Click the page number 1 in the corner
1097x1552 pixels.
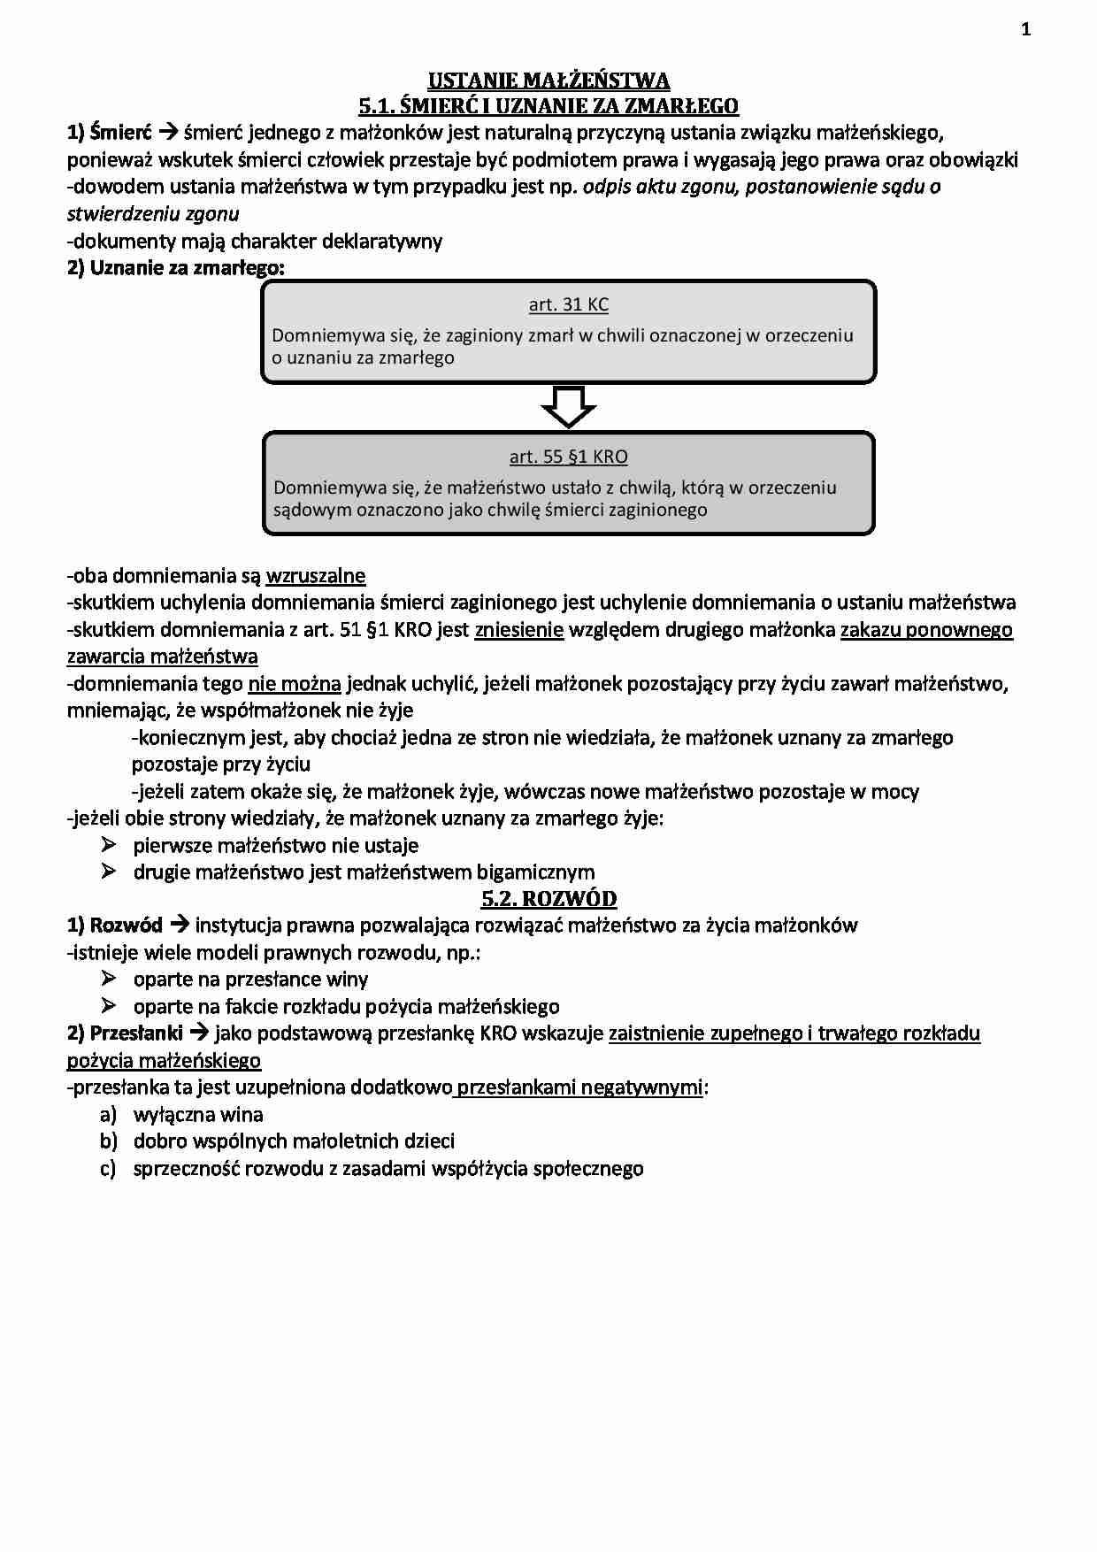[x=1025, y=30]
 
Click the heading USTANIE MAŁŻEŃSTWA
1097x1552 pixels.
[x=548, y=81]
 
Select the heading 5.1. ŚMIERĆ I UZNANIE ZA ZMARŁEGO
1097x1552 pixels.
[x=548, y=107]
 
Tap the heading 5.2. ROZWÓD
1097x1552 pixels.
[x=548, y=899]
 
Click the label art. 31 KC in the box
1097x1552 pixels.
[x=569, y=304]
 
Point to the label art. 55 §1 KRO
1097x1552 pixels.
[x=569, y=457]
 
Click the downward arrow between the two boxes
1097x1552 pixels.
[x=568, y=407]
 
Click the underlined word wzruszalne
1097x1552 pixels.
[x=316, y=576]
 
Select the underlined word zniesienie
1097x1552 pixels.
[x=518, y=630]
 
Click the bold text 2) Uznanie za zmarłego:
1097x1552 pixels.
[x=176, y=268]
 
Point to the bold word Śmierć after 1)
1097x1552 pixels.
[x=121, y=134]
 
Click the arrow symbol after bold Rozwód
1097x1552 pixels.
[x=179, y=926]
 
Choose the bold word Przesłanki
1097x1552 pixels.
[x=136, y=1033]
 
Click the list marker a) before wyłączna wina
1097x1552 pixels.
[x=108, y=1115]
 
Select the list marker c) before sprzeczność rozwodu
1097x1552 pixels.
[x=108, y=1169]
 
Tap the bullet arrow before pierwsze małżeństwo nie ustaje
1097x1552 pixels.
[x=109, y=845]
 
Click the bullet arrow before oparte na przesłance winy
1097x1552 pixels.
[x=109, y=979]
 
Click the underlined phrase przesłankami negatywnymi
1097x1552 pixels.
[x=580, y=1087]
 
